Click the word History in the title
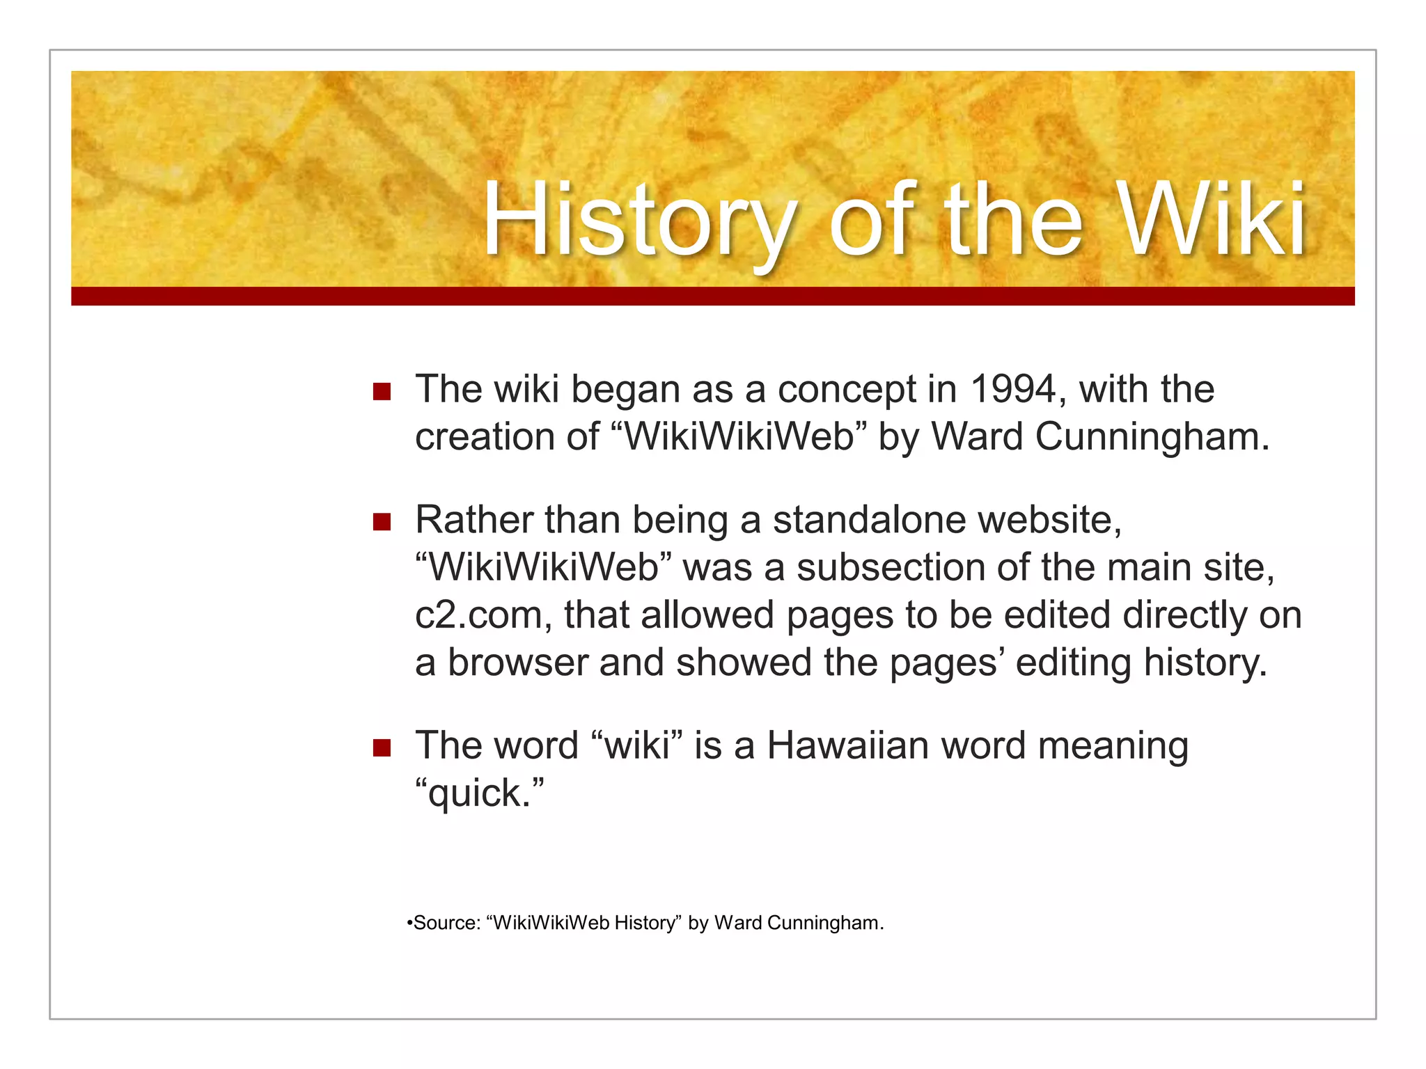[639, 221]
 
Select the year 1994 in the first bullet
[1014, 389]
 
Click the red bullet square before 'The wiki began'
[382, 391]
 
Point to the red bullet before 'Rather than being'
[382, 522]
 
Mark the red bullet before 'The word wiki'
[382, 748]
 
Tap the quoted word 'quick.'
[479, 793]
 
